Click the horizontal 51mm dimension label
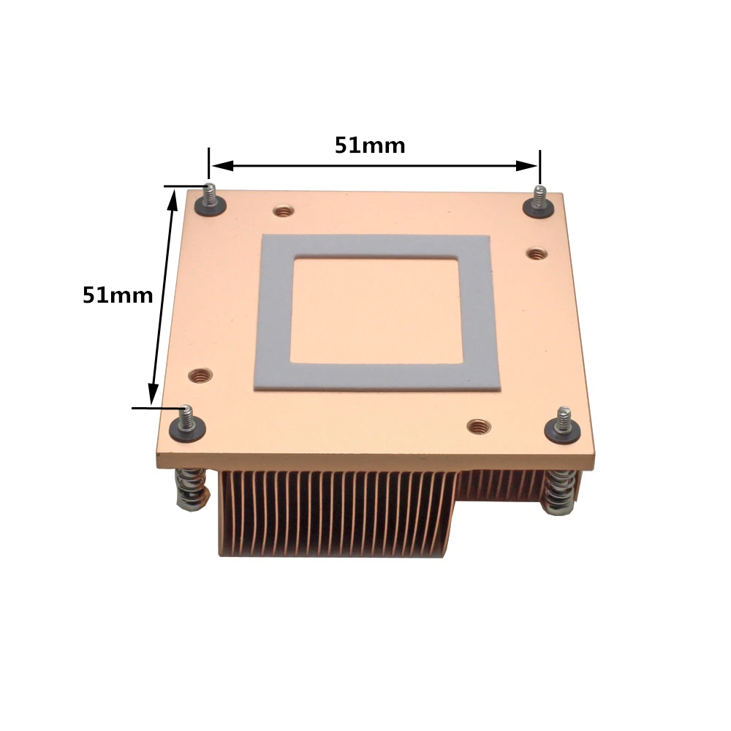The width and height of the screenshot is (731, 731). click(x=370, y=145)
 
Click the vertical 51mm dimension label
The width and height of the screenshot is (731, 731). click(x=118, y=295)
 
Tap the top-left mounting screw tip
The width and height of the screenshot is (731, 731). click(x=211, y=187)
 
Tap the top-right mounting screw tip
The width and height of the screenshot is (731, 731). click(x=540, y=189)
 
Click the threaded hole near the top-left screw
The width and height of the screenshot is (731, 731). click(x=282, y=212)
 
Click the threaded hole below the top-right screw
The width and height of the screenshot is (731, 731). click(x=537, y=254)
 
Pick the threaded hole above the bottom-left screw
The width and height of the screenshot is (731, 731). click(x=200, y=375)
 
